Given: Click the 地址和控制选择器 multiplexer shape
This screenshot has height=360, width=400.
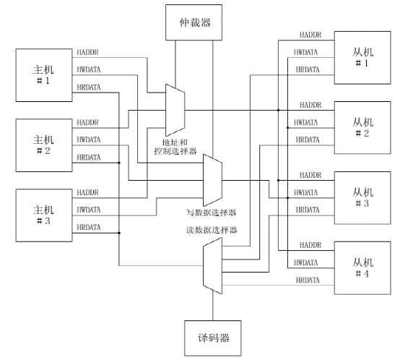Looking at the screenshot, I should (x=175, y=107).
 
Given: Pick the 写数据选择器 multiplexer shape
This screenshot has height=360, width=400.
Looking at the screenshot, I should (x=212, y=179).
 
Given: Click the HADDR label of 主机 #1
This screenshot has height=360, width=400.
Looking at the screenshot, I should (x=87, y=52).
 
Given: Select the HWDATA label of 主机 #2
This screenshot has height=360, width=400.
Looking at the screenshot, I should (x=88, y=140).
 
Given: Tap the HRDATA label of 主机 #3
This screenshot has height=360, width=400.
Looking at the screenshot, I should (x=88, y=227).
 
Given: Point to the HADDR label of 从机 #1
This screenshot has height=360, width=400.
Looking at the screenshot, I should (x=310, y=34).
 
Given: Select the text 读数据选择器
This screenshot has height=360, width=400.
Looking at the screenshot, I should (x=212, y=231).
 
